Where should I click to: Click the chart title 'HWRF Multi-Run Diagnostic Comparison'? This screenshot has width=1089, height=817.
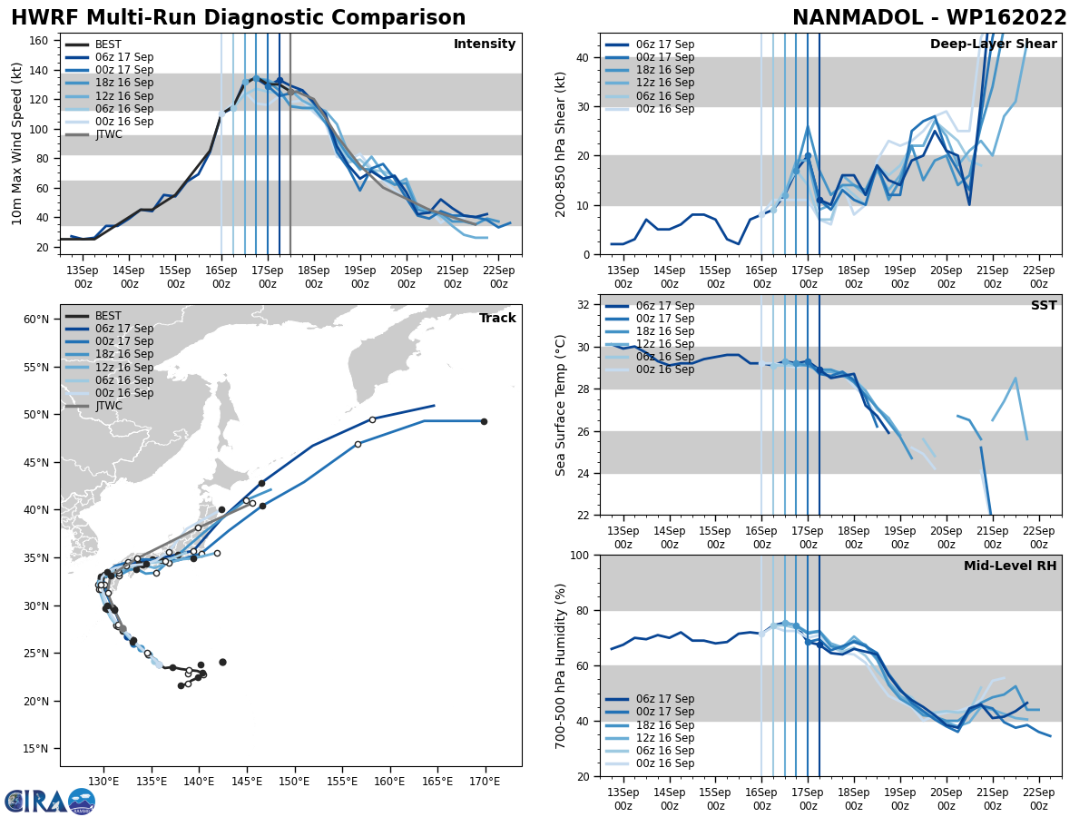tap(238, 18)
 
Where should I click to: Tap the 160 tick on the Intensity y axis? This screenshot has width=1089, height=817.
tap(42, 40)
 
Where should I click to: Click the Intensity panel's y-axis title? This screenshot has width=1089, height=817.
tap(17, 143)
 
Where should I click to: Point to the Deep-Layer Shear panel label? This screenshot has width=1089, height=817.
tap(993, 44)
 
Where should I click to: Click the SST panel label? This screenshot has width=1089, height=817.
tap(1044, 306)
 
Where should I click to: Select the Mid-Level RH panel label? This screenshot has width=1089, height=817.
tap(1010, 566)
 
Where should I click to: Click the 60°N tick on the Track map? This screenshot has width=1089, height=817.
tap(35, 320)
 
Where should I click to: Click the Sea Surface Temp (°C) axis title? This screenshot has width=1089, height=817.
tap(562, 405)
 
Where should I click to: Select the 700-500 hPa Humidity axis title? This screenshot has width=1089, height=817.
tap(562, 665)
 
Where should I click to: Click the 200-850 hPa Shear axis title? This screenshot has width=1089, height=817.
tap(562, 143)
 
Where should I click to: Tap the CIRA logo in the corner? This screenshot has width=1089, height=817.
tap(50, 801)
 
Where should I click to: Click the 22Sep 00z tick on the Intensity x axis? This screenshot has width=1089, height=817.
tap(499, 277)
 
